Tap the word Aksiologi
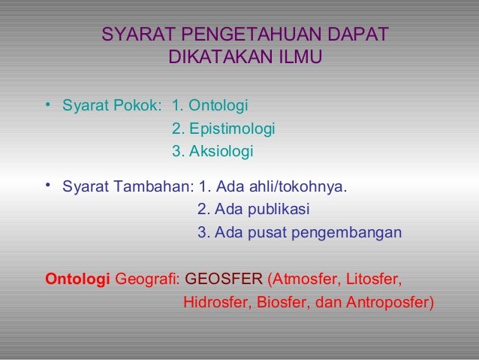click(222, 152)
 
